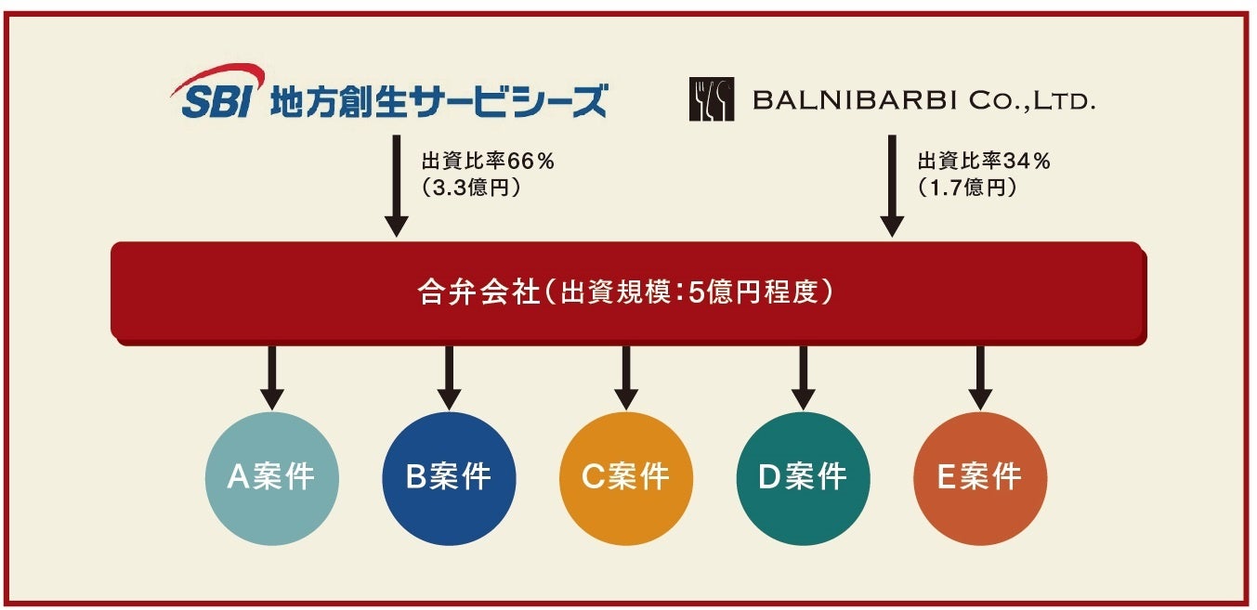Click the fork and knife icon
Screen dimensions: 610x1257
(711, 99)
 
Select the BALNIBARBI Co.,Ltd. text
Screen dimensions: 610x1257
(923, 100)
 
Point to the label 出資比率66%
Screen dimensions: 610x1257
(488, 162)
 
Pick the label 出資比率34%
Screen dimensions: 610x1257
(984, 162)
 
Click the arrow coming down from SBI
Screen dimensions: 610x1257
(397, 186)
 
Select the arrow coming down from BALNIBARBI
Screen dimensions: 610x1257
(892, 186)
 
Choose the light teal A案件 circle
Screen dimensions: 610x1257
(271, 478)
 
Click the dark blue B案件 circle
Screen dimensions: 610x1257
(449, 478)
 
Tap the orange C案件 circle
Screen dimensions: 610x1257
(626, 478)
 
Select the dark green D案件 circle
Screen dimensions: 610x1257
(804, 478)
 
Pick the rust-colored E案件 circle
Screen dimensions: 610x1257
(980, 478)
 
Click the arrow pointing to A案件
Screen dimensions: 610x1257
(271, 377)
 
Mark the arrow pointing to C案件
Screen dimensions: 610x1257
(626, 377)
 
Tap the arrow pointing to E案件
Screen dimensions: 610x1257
(980, 377)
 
